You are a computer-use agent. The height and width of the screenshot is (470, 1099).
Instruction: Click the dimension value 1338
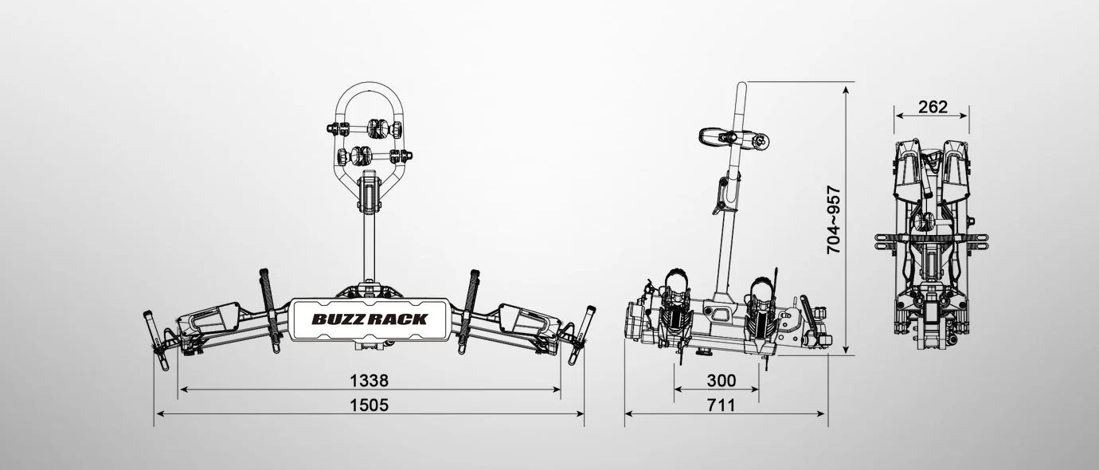coord(369,380)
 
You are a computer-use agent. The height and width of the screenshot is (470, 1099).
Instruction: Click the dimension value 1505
coord(369,405)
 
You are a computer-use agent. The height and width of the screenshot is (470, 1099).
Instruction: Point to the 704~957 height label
coord(834,220)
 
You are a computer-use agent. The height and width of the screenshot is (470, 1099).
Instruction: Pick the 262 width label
coord(932,107)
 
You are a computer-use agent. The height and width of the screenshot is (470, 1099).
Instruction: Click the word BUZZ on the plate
coord(339,319)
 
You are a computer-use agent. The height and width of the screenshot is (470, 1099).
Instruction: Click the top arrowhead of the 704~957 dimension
coord(846,87)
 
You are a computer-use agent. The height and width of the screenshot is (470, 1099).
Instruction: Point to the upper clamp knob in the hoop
coord(381,128)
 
